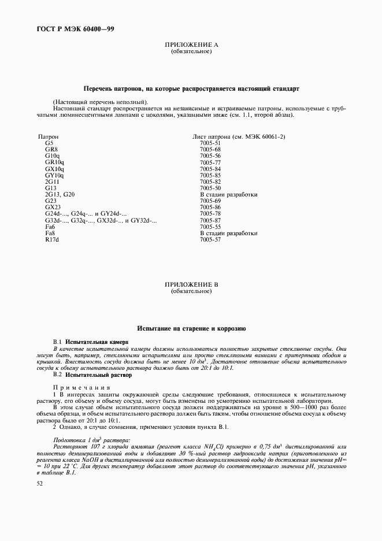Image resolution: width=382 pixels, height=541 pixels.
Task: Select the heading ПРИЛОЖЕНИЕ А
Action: pyautogui.click(x=191, y=45)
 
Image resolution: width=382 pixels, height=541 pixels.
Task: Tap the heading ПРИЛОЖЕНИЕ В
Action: pyautogui.click(x=191, y=285)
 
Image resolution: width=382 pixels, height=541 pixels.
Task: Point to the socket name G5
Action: pyautogui.click(x=49, y=143)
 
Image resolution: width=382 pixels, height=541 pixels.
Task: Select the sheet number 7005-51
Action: pyautogui.click(x=210, y=143)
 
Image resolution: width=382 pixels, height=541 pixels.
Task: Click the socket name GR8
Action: pyautogui.click(x=51, y=149)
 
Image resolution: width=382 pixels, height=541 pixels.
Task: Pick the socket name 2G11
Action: pyautogui.click(x=53, y=181)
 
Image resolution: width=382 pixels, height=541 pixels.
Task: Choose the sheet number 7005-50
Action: pyautogui.click(x=210, y=188)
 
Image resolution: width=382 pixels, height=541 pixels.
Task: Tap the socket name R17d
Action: pyautogui.click(x=53, y=239)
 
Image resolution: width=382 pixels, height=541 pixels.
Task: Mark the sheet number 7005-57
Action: pyautogui.click(x=210, y=239)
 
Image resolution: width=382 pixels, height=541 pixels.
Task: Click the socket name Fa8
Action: pyautogui.click(x=50, y=233)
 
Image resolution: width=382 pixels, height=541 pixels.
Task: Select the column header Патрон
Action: pyautogui.click(x=49, y=136)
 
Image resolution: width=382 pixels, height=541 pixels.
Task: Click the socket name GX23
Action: pyautogui.click(x=53, y=207)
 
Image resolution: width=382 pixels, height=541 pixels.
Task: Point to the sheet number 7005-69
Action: pyautogui.click(x=210, y=201)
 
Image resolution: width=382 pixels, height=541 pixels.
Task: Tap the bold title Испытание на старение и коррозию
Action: pyautogui.click(x=191, y=328)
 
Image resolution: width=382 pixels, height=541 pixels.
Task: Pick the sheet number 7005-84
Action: pyautogui.click(x=210, y=169)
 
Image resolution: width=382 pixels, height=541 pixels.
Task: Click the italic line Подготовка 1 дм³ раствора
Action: pyautogui.click(x=92, y=440)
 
